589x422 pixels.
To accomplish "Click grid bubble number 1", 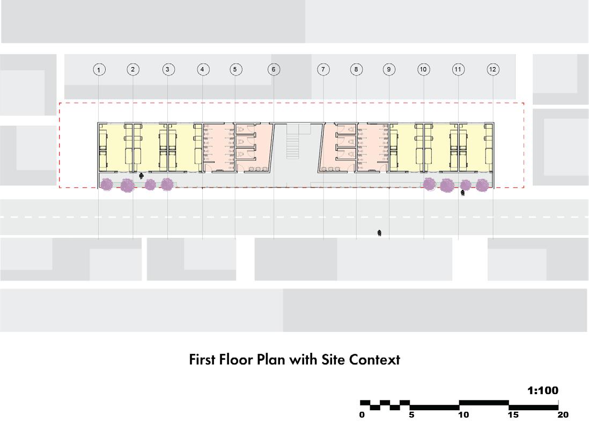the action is pyautogui.click(x=99, y=69).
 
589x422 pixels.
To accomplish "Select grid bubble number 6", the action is pyautogui.click(x=274, y=69).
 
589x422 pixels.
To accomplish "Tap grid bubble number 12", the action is pyautogui.click(x=493, y=69).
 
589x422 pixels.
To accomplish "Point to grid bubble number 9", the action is pyautogui.click(x=389, y=69).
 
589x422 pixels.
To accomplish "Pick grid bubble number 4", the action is pyautogui.click(x=202, y=69).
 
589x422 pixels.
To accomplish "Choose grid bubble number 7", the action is pyautogui.click(x=323, y=69).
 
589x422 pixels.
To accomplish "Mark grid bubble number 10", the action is pyautogui.click(x=424, y=69).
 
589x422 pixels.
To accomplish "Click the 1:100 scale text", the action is pyautogui.click(x=543, y=391).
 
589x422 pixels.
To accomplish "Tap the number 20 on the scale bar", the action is pyautogui.click(x=562, y=414).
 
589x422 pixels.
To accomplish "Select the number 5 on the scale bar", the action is pyautogui.click(x=411, y=414).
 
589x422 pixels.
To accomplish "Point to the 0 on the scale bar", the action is pyautogui.click(x=362, y=414).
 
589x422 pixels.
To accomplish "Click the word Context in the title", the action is pyautogui.click(x=374, y=359).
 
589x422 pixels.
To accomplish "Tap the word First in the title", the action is pyautogui.click(x=202, y=359).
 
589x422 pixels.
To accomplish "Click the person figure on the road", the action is pyautogui.click(x=379, y=233).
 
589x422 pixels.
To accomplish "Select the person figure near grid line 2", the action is pyautogui.click(x=141, y=175).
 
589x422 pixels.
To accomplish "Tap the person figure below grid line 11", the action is pyautogui.click(x=462, y=193).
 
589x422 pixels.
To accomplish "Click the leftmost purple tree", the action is pyautogui.click(x=106, y=184).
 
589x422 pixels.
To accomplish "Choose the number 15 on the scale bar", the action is pyautogui.click(x=513, y=414).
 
